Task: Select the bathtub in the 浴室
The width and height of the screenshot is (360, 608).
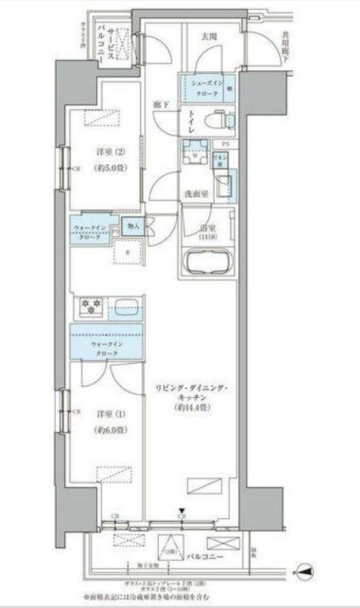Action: pos(209,265)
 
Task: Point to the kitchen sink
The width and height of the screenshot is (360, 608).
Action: pos(126,309)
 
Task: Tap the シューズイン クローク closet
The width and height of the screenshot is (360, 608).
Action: pos(205,87)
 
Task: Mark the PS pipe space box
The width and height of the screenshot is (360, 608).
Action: pos(225,143)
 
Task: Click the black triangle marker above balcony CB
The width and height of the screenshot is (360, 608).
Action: pos(182,511)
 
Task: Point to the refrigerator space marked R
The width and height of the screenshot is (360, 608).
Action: pos(126,252)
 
